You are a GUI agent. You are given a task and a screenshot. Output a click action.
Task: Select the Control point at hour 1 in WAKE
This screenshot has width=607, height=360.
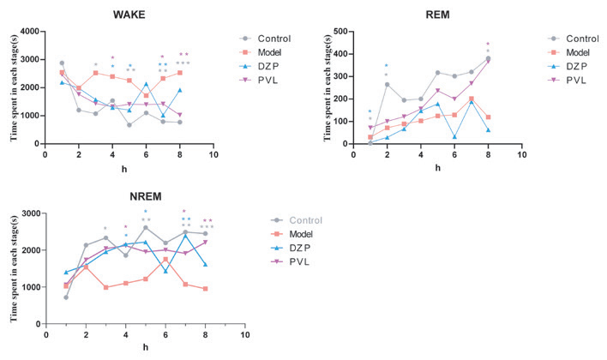[x=62, y=63]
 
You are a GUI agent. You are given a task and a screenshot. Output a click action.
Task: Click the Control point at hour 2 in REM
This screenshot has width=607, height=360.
[x=387, y=84]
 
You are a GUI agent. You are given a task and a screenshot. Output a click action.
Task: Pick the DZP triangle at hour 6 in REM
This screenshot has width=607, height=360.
[x=454, y=137]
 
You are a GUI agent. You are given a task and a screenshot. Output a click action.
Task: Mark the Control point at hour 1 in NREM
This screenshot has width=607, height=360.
[x=66, y=297]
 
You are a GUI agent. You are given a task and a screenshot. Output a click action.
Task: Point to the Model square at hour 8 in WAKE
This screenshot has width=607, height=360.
[x=179, y=73]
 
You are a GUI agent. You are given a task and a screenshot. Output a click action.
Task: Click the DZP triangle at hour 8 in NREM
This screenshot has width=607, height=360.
[x=205, y=264]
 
